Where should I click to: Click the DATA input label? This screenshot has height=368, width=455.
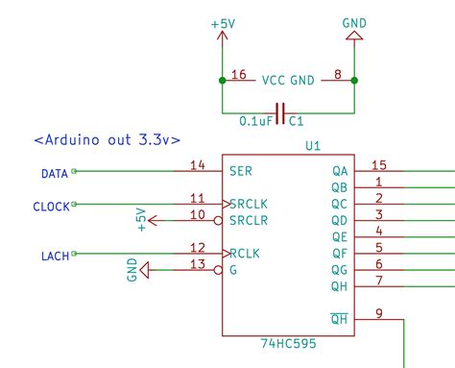point(54,174)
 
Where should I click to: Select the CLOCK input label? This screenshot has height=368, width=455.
point(51,207)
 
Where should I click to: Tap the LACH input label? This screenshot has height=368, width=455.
point(55,255)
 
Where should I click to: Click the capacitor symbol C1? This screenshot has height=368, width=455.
point(279,114)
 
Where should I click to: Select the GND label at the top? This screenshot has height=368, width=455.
point(353,20)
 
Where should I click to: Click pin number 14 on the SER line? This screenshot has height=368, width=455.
point(198,165)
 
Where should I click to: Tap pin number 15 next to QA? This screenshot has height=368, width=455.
point(378,165)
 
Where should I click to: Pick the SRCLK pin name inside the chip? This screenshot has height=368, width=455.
point(249,204)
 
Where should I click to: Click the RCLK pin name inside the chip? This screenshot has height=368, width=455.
point(245,254)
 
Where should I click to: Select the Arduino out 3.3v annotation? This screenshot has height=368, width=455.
point(107,140)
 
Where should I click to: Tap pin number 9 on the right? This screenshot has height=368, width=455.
point(378,312)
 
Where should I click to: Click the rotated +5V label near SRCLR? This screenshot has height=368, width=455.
point(139,219)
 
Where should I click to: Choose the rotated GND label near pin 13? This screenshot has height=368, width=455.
point(132,271)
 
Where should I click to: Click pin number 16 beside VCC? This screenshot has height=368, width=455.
point(239,74)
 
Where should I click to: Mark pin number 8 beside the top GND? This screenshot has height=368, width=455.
point(338,74)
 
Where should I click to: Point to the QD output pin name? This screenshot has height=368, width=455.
point(339,221)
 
